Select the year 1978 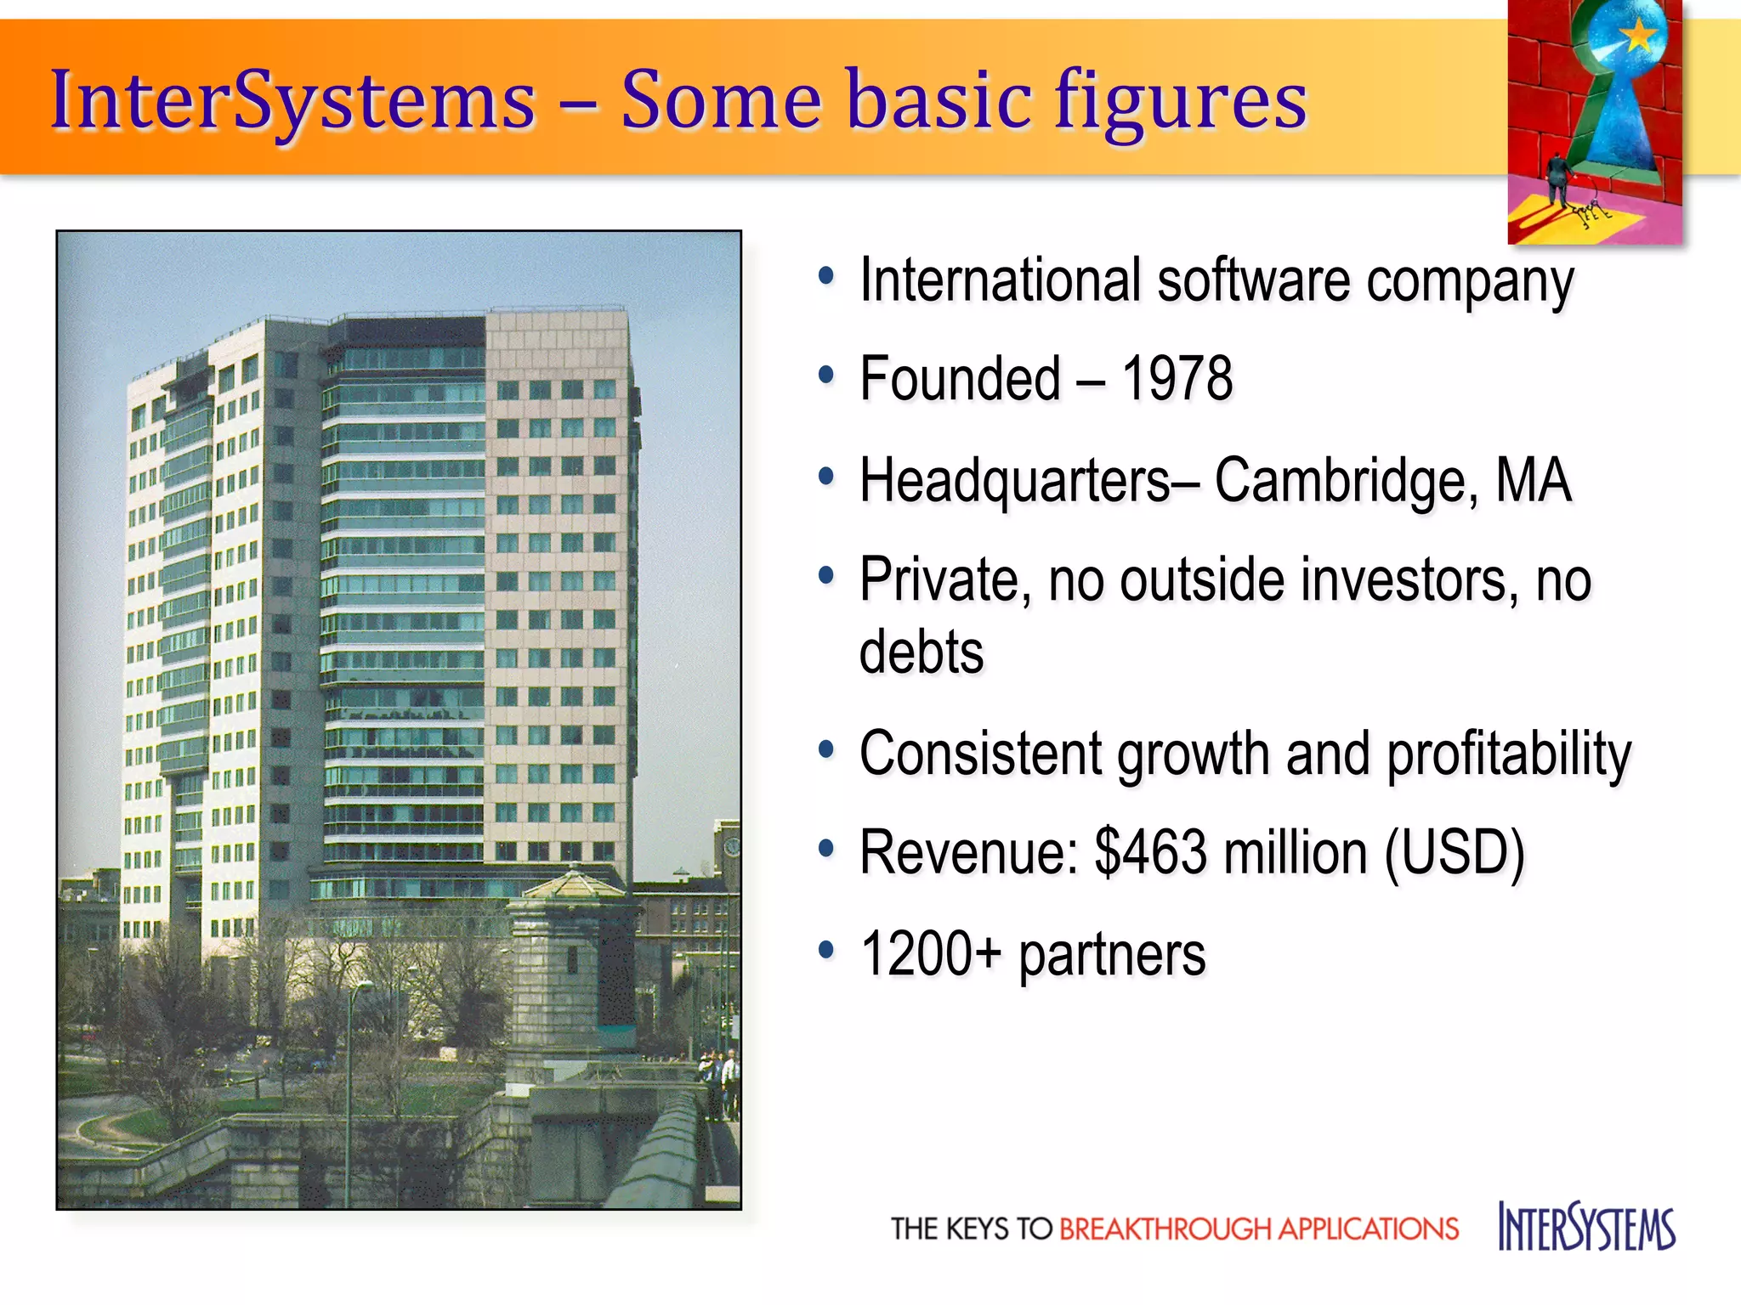coord(1177,379)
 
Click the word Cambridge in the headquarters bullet coord(1340,481)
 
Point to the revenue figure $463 coord(1150,852)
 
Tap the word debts coord(922,652)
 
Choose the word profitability coord(1509,754)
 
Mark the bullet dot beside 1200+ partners coord(825,949)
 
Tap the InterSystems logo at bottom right coord(1586,1227)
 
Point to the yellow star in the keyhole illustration coord(1639,36)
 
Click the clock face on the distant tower coord(731,846)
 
